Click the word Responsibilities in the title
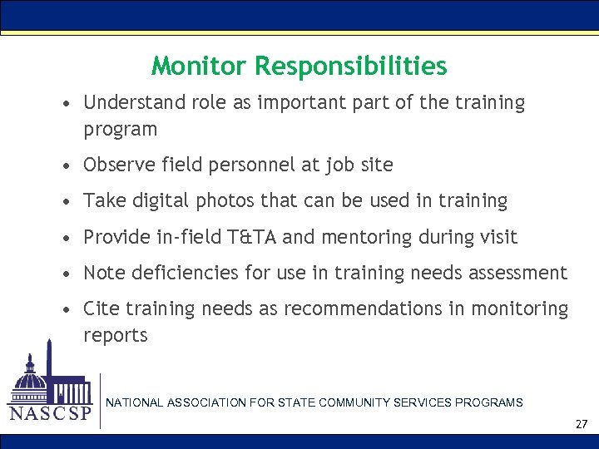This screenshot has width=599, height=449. [351, 66]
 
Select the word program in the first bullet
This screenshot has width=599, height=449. [120, 130]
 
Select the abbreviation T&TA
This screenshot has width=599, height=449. [253, 238]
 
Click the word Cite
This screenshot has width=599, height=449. [101, 309]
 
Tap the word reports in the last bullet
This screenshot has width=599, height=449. [115, 336]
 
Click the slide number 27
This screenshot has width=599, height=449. [582, 424]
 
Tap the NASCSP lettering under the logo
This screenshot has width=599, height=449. [50, 413]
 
